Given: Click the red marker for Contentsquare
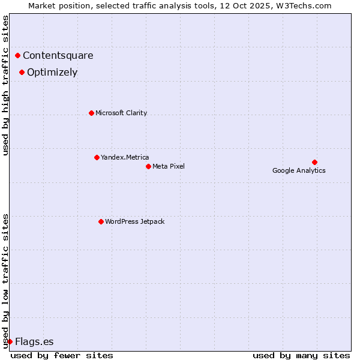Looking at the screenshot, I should click(18, 56).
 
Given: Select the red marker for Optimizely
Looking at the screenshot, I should click(22, 73).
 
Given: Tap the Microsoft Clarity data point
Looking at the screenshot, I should click(91, 113).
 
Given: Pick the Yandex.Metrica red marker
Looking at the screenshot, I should click(97, 157).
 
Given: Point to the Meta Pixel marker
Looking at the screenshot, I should click(148, 166).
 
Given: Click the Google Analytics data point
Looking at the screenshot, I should click(314, 162).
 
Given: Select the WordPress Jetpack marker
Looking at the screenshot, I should click(101, 221).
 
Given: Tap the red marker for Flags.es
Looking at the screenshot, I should click(10, 341).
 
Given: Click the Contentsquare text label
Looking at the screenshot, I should click(58, 56).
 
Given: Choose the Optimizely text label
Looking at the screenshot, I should click(52, 73).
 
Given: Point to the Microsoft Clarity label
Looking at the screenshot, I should click(121, 113).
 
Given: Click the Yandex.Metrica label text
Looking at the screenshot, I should click(125, 157).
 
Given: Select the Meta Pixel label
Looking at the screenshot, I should click(169, 166).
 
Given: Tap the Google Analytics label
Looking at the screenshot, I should click(299, 171).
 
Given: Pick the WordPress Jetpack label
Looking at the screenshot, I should click(134, 221).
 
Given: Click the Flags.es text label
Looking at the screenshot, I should click(34, 342).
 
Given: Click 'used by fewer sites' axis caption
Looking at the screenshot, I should click(62, 355).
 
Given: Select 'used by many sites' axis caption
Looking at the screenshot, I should click(301, 355).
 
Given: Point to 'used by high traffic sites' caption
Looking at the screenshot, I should click(6, 85).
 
